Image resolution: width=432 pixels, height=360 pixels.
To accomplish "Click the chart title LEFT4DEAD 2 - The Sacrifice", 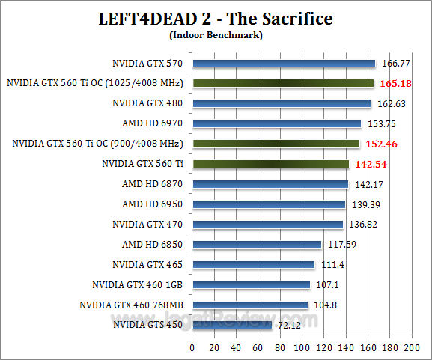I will [216, 19].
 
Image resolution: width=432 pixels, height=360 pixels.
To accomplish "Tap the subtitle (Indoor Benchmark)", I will [216, 34].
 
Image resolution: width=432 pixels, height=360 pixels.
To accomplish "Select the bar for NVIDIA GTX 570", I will [284, 63].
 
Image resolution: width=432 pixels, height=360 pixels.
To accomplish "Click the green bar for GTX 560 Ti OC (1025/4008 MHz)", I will [283, 83].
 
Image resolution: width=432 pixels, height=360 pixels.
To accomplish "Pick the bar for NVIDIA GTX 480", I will [282, 103].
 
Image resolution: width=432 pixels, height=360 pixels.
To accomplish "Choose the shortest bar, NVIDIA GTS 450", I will [232, 325].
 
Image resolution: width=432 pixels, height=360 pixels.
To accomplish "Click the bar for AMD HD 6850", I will [257, 244].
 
